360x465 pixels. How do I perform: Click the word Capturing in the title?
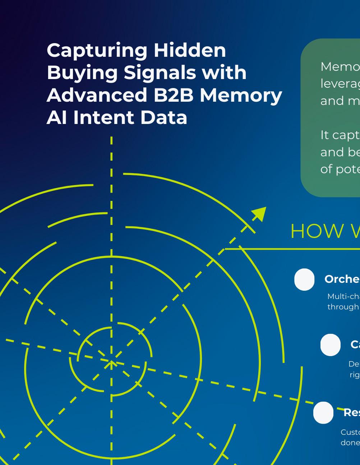tap(97, 51)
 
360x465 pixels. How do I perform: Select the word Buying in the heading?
tap(82, 73)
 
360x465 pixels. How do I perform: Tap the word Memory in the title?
tap(241, 96)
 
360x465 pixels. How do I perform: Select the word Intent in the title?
tap(103, 118)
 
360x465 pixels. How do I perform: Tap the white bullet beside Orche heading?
tap(304, 279)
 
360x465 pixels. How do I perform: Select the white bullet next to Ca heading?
tap(330, 345)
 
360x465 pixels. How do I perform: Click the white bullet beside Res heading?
tap(323, 413)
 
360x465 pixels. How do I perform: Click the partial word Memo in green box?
tap(340, 66)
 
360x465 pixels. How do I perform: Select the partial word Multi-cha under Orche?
tap(343, 296)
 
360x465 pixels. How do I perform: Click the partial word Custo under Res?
tap(350, 432)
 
